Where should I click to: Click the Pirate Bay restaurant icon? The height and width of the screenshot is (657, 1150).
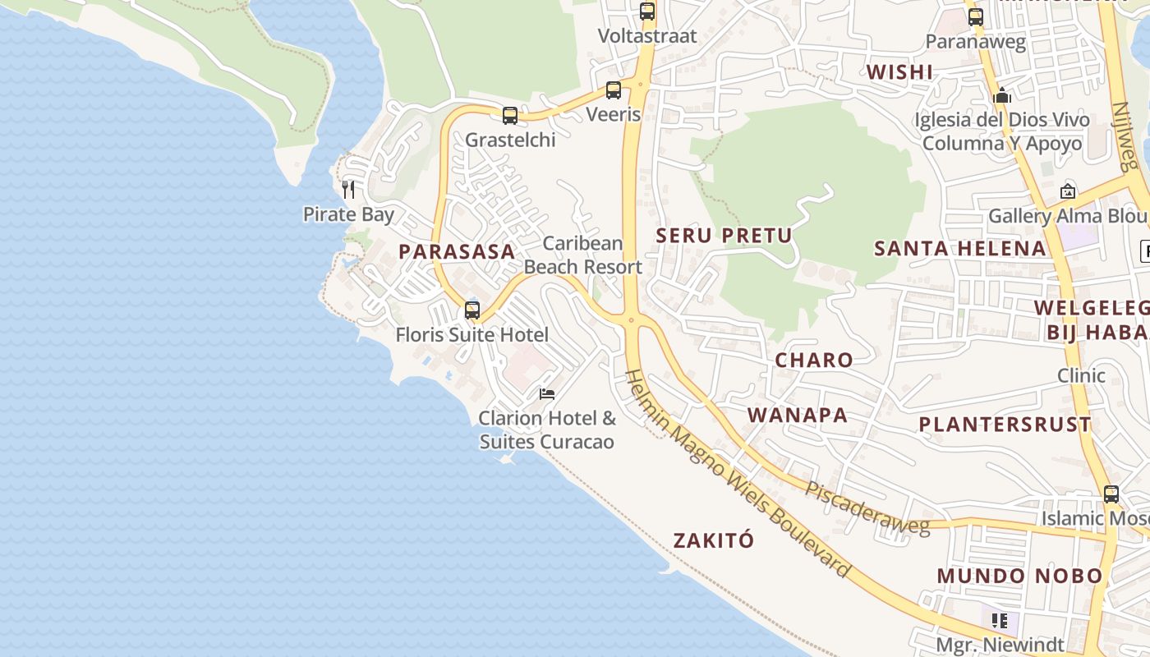pyautogui.click(x=348, y=190)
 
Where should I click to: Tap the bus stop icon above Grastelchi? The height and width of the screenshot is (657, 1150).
pyautogui.click(x=510, y=116)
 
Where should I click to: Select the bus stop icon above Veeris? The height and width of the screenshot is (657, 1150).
pyautogui.click(x=614, y=90)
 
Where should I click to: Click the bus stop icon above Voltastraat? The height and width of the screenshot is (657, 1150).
pyautogui.click(x=647, y=11)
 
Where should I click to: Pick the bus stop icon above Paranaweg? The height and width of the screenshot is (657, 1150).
pyautogui.click(x=976, y=17)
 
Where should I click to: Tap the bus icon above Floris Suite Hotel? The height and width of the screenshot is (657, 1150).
pyautogui.click(x=472, y=310)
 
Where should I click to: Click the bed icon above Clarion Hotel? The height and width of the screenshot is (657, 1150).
pyautogui.click(x=547, y=394)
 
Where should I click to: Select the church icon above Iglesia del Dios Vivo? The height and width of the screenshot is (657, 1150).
pyautogui.click(x=1001, y=96)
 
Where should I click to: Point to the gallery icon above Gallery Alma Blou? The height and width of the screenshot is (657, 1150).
pyautogui.click(x=1067, y=191)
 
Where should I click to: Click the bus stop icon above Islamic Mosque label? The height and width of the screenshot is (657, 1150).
pyautogui.click(x=1111, y=494)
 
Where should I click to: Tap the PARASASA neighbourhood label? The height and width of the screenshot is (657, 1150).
pyautogui.click(x=457, y=252)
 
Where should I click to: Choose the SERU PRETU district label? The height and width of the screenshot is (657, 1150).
pyautogui.click(x=724, y=236)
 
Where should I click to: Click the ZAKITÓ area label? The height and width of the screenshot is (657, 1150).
pyautogui.click(x=713, y=540)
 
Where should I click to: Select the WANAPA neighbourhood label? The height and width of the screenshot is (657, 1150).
pyautogui.click(x=798, y=415)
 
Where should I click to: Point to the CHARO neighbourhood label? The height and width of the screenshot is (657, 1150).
pyautogui.click(x=814, y=360)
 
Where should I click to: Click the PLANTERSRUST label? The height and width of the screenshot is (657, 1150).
pyautogui.click(x=1005, y=425)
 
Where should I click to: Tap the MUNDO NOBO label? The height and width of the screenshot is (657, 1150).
pyautogui.click(x=1019, y=576)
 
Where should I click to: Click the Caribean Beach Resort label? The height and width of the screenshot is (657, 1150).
pyautogui.click(x=583, y=255)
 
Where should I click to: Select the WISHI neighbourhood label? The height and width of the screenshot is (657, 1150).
pyautogui.click(x=899, y=72)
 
